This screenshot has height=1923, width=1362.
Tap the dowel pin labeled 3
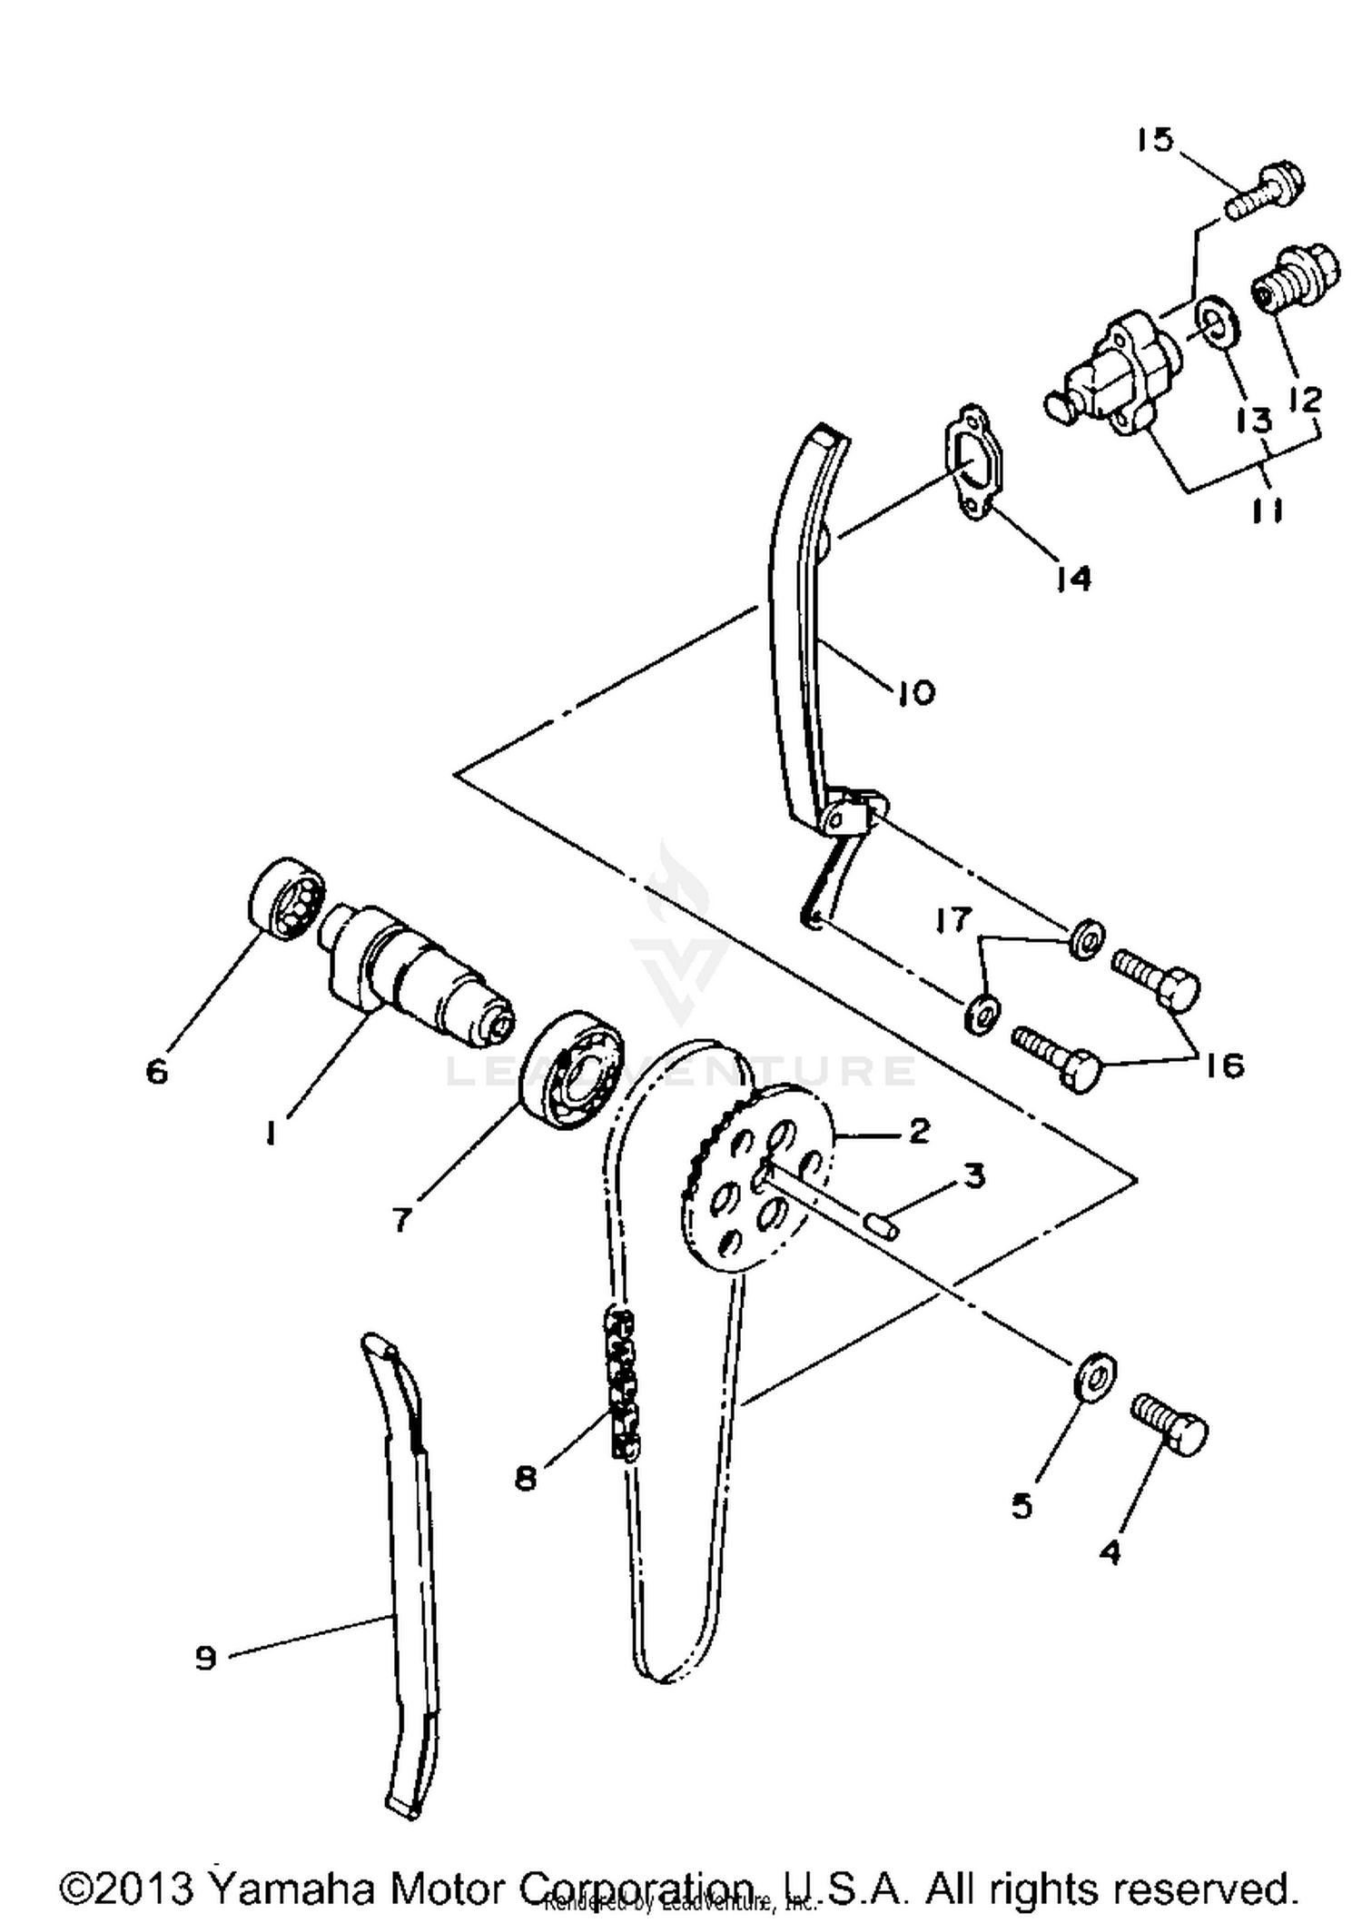click(880, 1226)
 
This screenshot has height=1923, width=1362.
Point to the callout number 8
click(526, 1479)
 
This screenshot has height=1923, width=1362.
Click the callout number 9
click(206, 1659)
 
